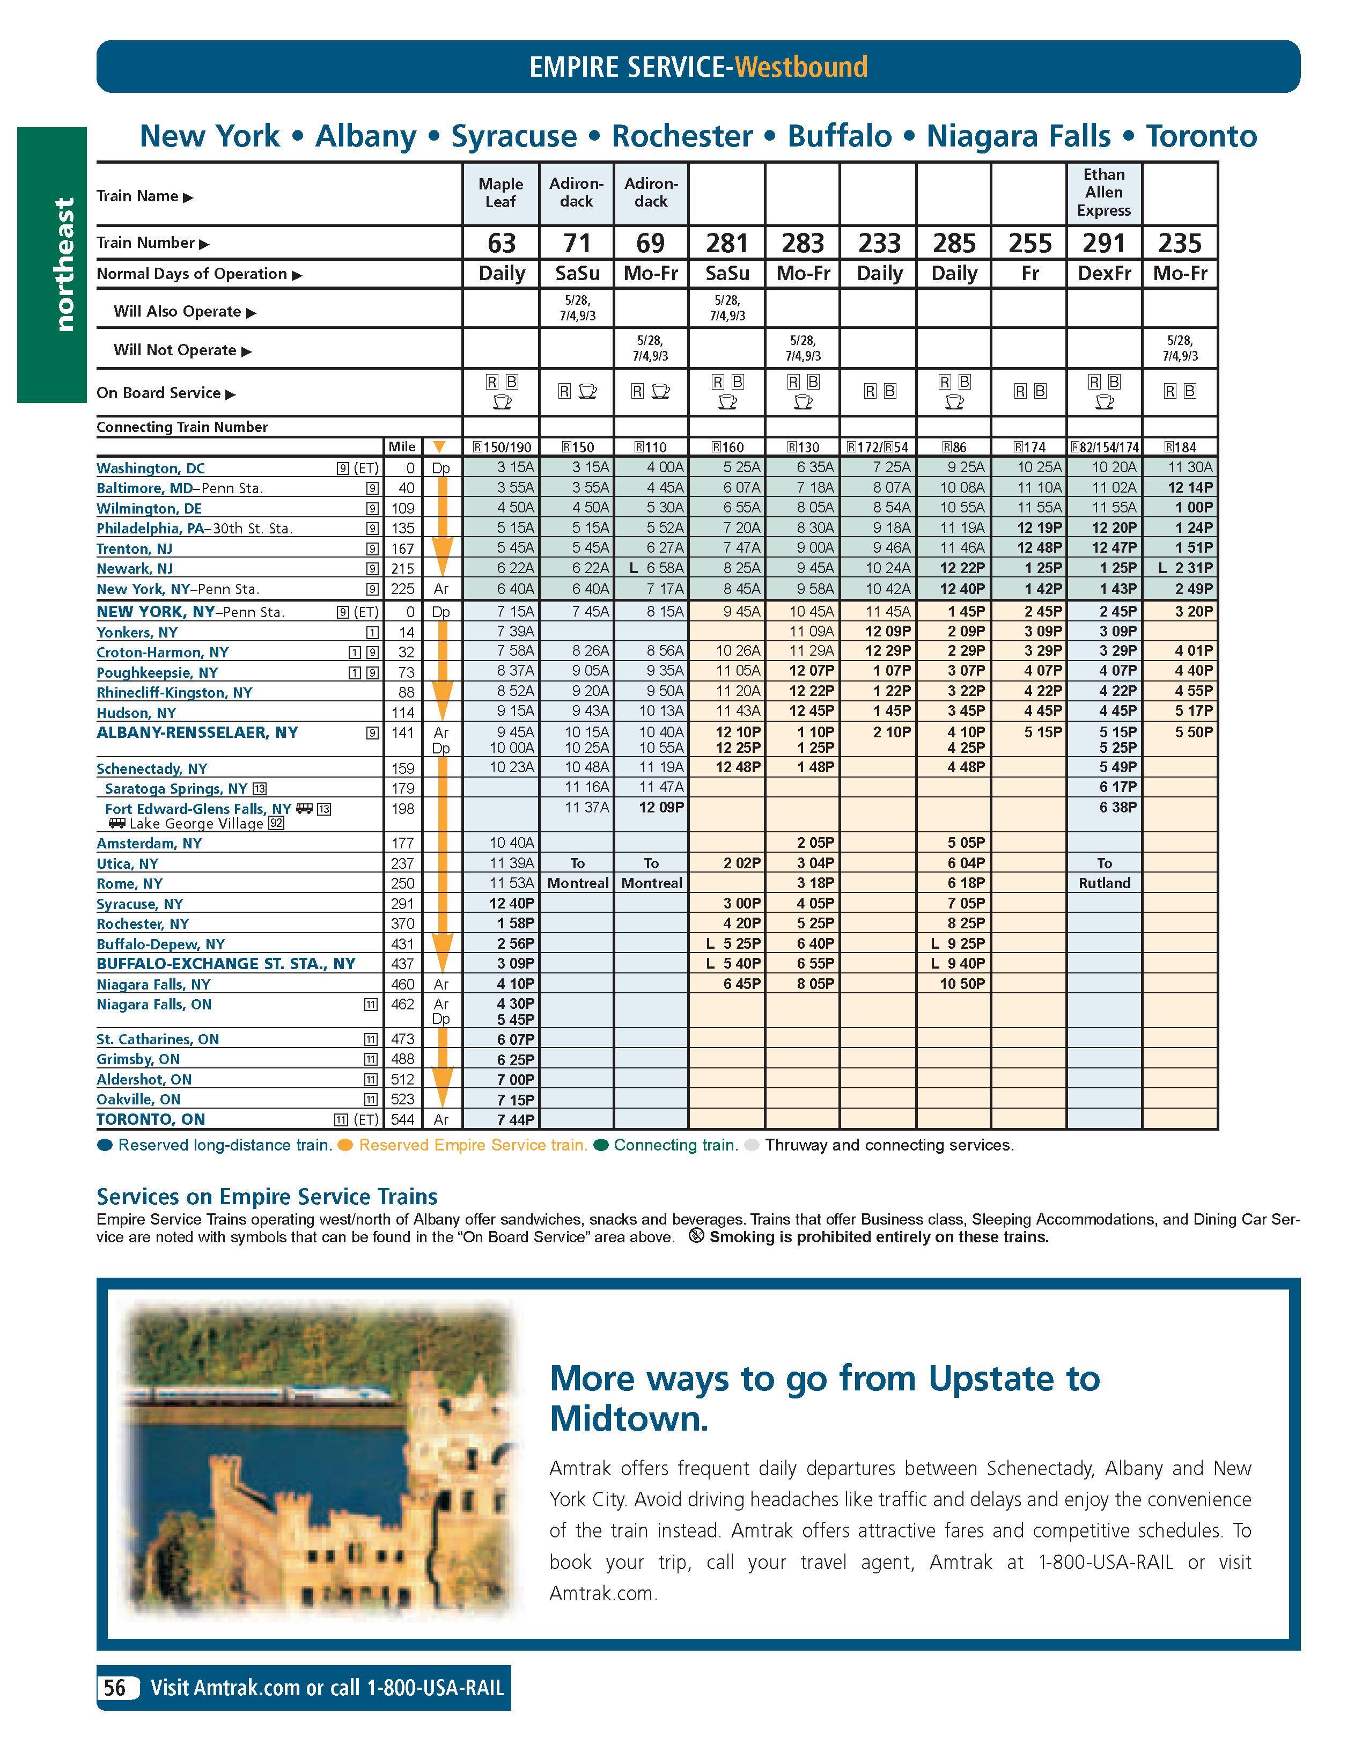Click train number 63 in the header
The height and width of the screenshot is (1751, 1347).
[502, 243]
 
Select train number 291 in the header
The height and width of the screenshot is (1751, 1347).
[1103, 243]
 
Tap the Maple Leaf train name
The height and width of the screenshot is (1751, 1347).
[501, 193]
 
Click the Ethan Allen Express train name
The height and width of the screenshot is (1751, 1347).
[1103, 193]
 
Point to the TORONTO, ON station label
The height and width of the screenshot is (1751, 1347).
[151, 1119]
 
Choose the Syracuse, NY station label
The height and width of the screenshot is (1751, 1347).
[139, 904]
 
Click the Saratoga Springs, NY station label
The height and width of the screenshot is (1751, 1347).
[176, 788]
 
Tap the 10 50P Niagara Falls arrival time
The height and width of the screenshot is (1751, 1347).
[962, 984]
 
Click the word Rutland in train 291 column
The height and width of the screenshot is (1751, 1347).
[1103, 883]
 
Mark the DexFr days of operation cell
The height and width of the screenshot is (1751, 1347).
[1103, 273]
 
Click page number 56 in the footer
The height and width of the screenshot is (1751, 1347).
[115, 1688]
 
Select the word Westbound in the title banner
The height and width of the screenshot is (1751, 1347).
[801, 67]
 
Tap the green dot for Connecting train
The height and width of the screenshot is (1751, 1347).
[601, 1146]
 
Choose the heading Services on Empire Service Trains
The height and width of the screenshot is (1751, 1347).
[267, 1197]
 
